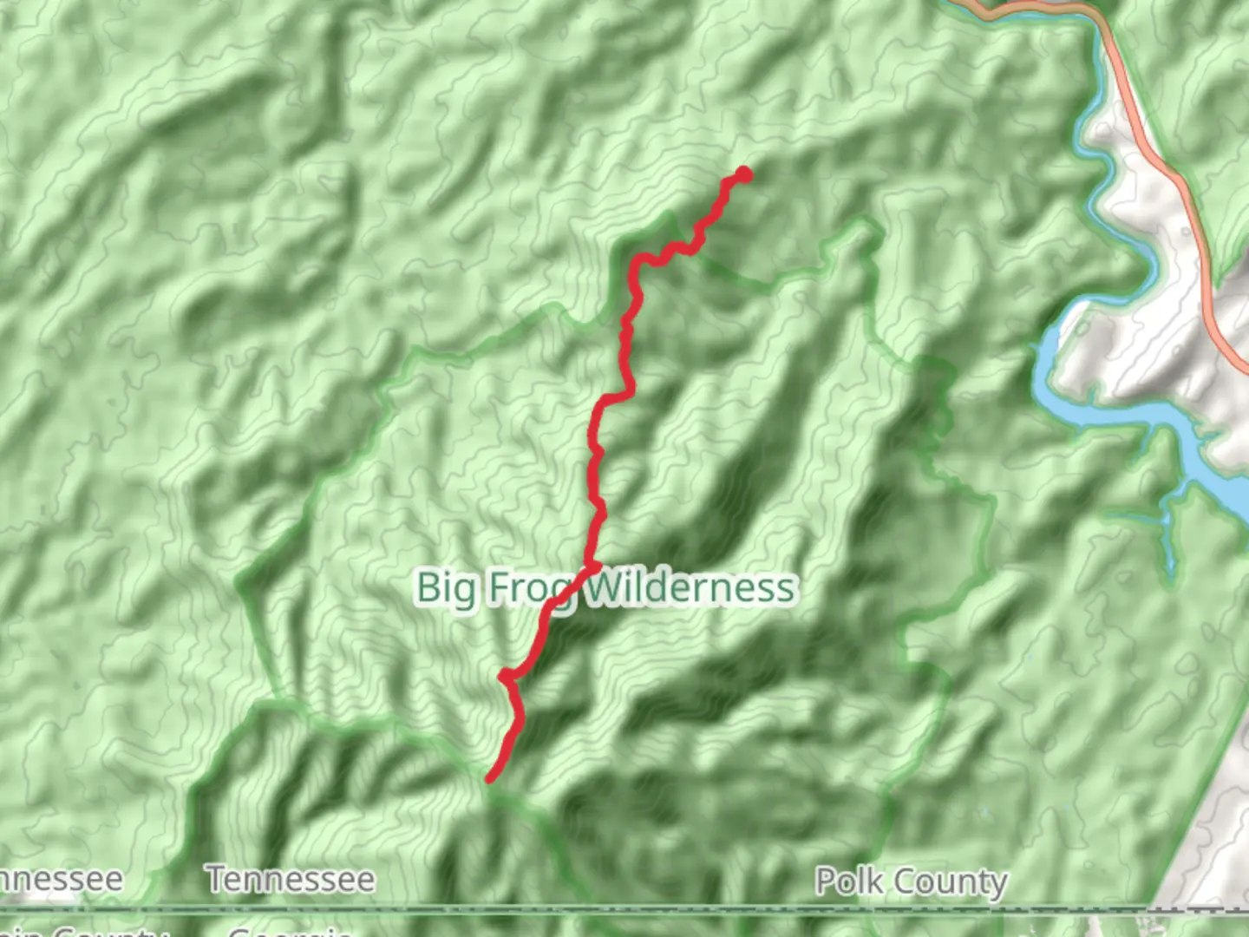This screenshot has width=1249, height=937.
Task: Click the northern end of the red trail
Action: tap(743, 174)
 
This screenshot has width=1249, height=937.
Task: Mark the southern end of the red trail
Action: tap(490, 778)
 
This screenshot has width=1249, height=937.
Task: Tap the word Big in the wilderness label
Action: tap(446, 588)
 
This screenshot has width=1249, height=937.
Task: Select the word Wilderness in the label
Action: tap(690, 587)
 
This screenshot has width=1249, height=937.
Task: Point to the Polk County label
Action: tap(912, 881)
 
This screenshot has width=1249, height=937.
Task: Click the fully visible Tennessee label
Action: tap(291, 880)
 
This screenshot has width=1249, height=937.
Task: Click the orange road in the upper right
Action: tap(1171, 174)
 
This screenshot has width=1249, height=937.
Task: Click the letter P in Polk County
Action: tap(826, 881)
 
